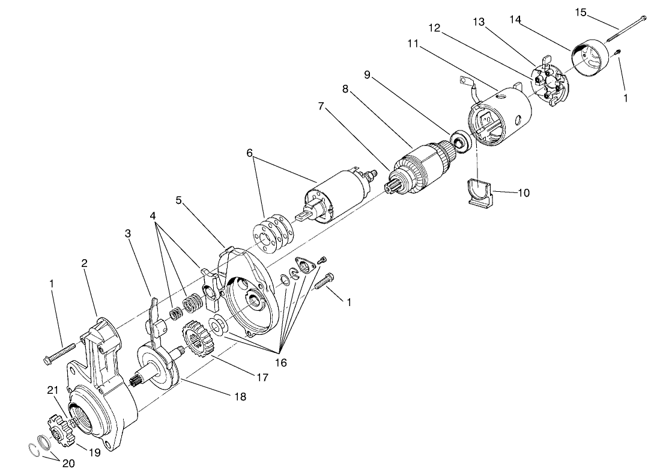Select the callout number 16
coord(281,363)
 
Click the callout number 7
coord(322,106)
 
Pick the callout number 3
coord(128,233)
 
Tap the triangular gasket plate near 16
coord(306,265)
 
